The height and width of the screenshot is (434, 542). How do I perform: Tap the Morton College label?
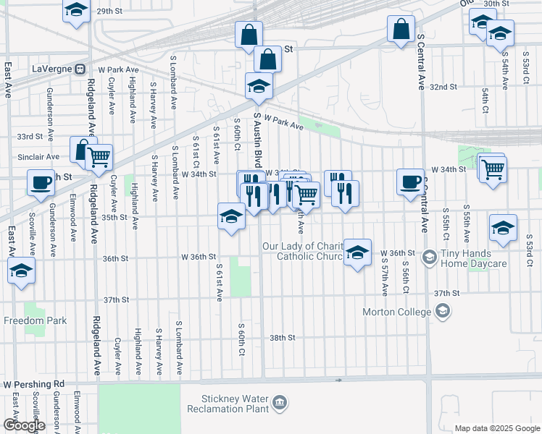point(398,312)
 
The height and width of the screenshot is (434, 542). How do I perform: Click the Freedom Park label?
point(35,320)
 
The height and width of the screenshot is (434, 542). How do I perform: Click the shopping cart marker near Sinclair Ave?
point(99,156)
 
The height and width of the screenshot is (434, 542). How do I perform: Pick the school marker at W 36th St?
point(357,252)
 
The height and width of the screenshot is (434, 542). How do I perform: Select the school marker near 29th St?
point(75,12)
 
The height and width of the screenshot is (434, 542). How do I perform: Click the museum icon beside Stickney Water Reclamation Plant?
point(279,402)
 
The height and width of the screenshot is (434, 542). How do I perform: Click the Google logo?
point(24,425)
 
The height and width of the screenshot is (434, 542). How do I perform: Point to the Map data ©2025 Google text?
point(497,428)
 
